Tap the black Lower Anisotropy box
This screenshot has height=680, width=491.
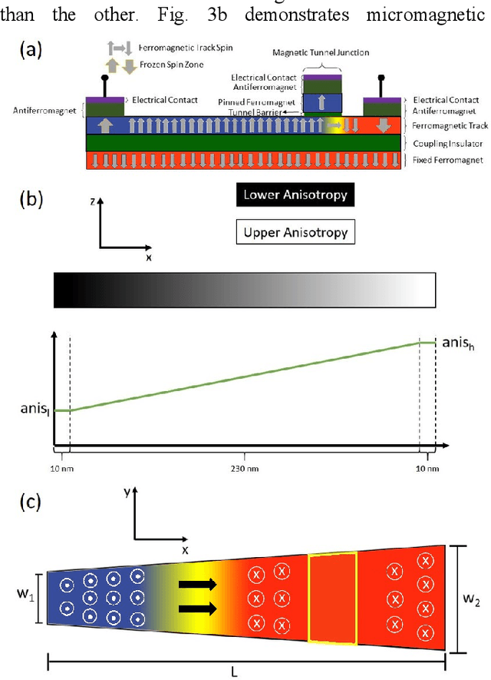coord(295,194)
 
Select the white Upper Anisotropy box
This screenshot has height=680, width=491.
coord(295,231)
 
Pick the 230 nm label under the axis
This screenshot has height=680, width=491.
coord(244,467)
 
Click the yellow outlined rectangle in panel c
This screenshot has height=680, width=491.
coord(332,599)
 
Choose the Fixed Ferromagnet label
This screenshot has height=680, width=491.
coord(447,159)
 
